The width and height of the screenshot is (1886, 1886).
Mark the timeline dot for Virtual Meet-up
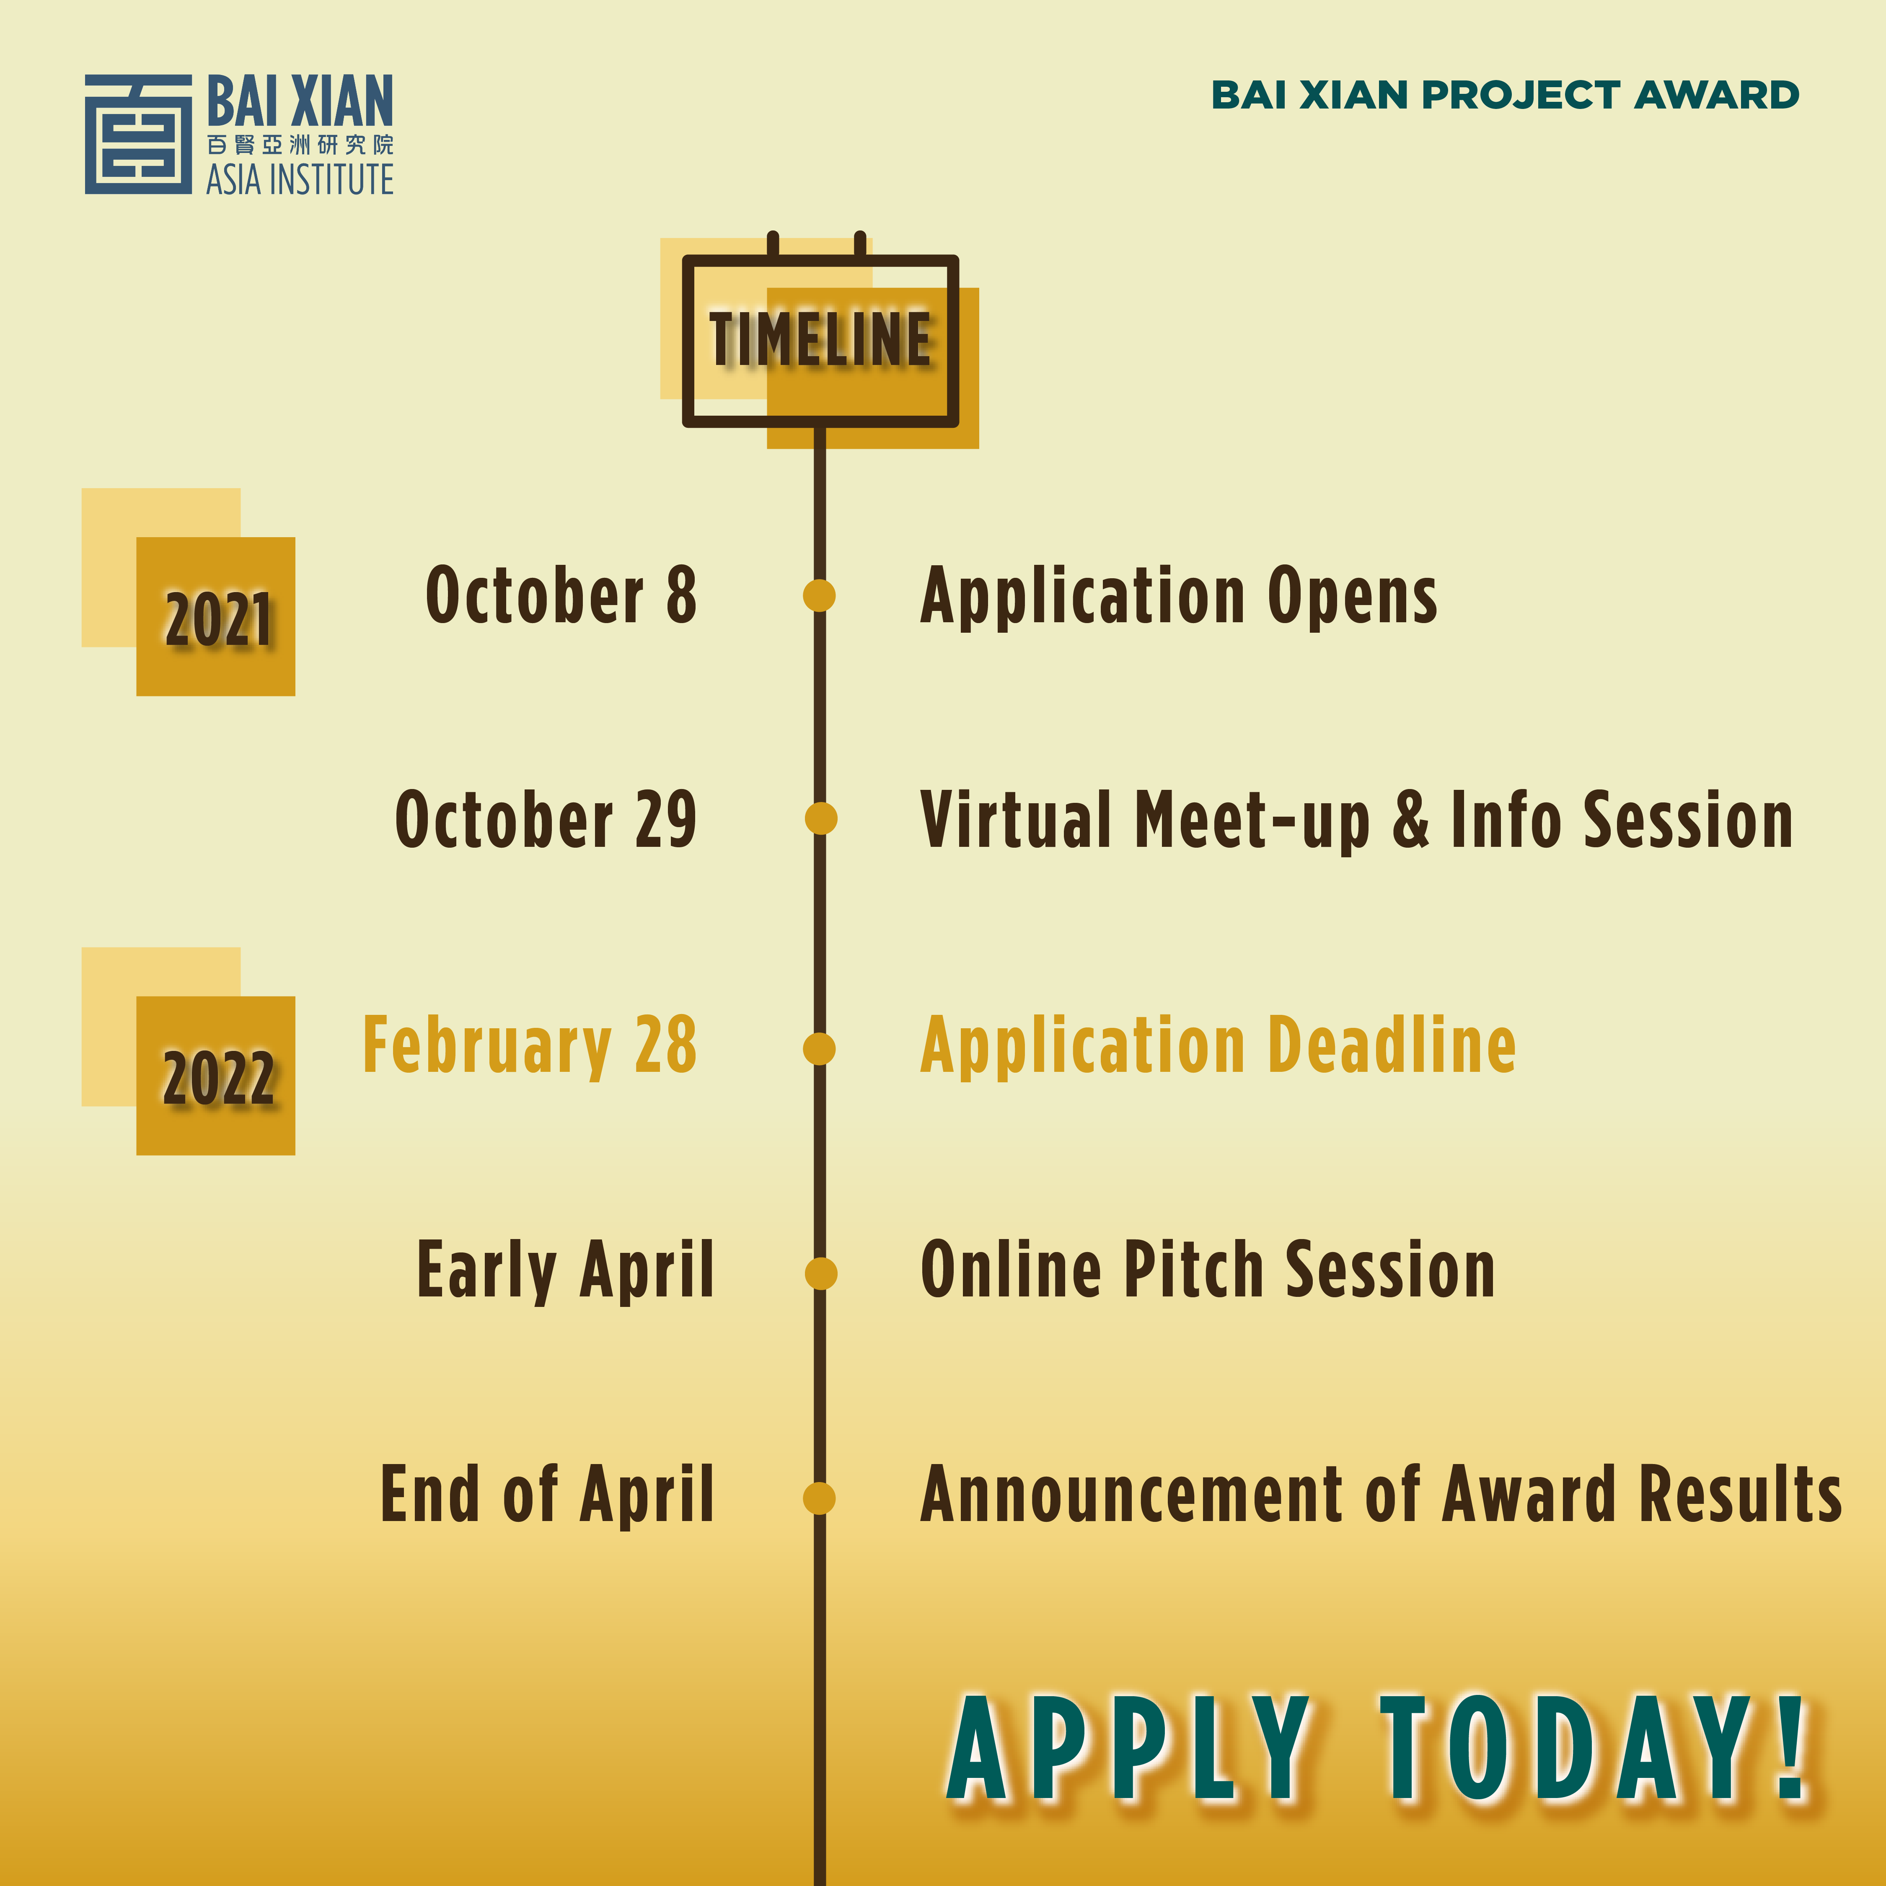[821, 818]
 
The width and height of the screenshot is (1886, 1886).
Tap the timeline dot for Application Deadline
[819, 1048]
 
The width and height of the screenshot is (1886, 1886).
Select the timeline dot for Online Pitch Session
[821, 1273]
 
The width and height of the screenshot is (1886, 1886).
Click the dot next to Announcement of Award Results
[819, 1498]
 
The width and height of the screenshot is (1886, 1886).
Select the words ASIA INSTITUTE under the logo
[300, 180]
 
